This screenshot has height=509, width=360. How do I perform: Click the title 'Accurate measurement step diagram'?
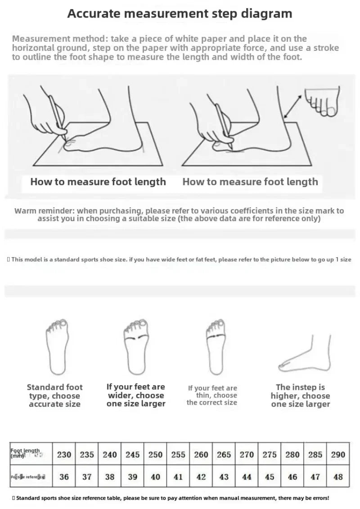[180, 13]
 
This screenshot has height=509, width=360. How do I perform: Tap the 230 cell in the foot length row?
[64, 455]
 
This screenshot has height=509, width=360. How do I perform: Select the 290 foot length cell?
[338, 455]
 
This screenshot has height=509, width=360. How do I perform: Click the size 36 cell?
[64, 477]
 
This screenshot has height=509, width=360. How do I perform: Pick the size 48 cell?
[338, 477]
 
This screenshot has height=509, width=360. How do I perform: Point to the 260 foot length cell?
[201, 455]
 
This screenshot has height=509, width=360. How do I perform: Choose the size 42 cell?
[201, 477]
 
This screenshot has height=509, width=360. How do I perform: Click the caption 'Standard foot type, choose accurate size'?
[55, 396]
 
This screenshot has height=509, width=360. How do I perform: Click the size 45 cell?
[270, 477]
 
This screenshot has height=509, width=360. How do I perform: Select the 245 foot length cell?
[132, 455]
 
